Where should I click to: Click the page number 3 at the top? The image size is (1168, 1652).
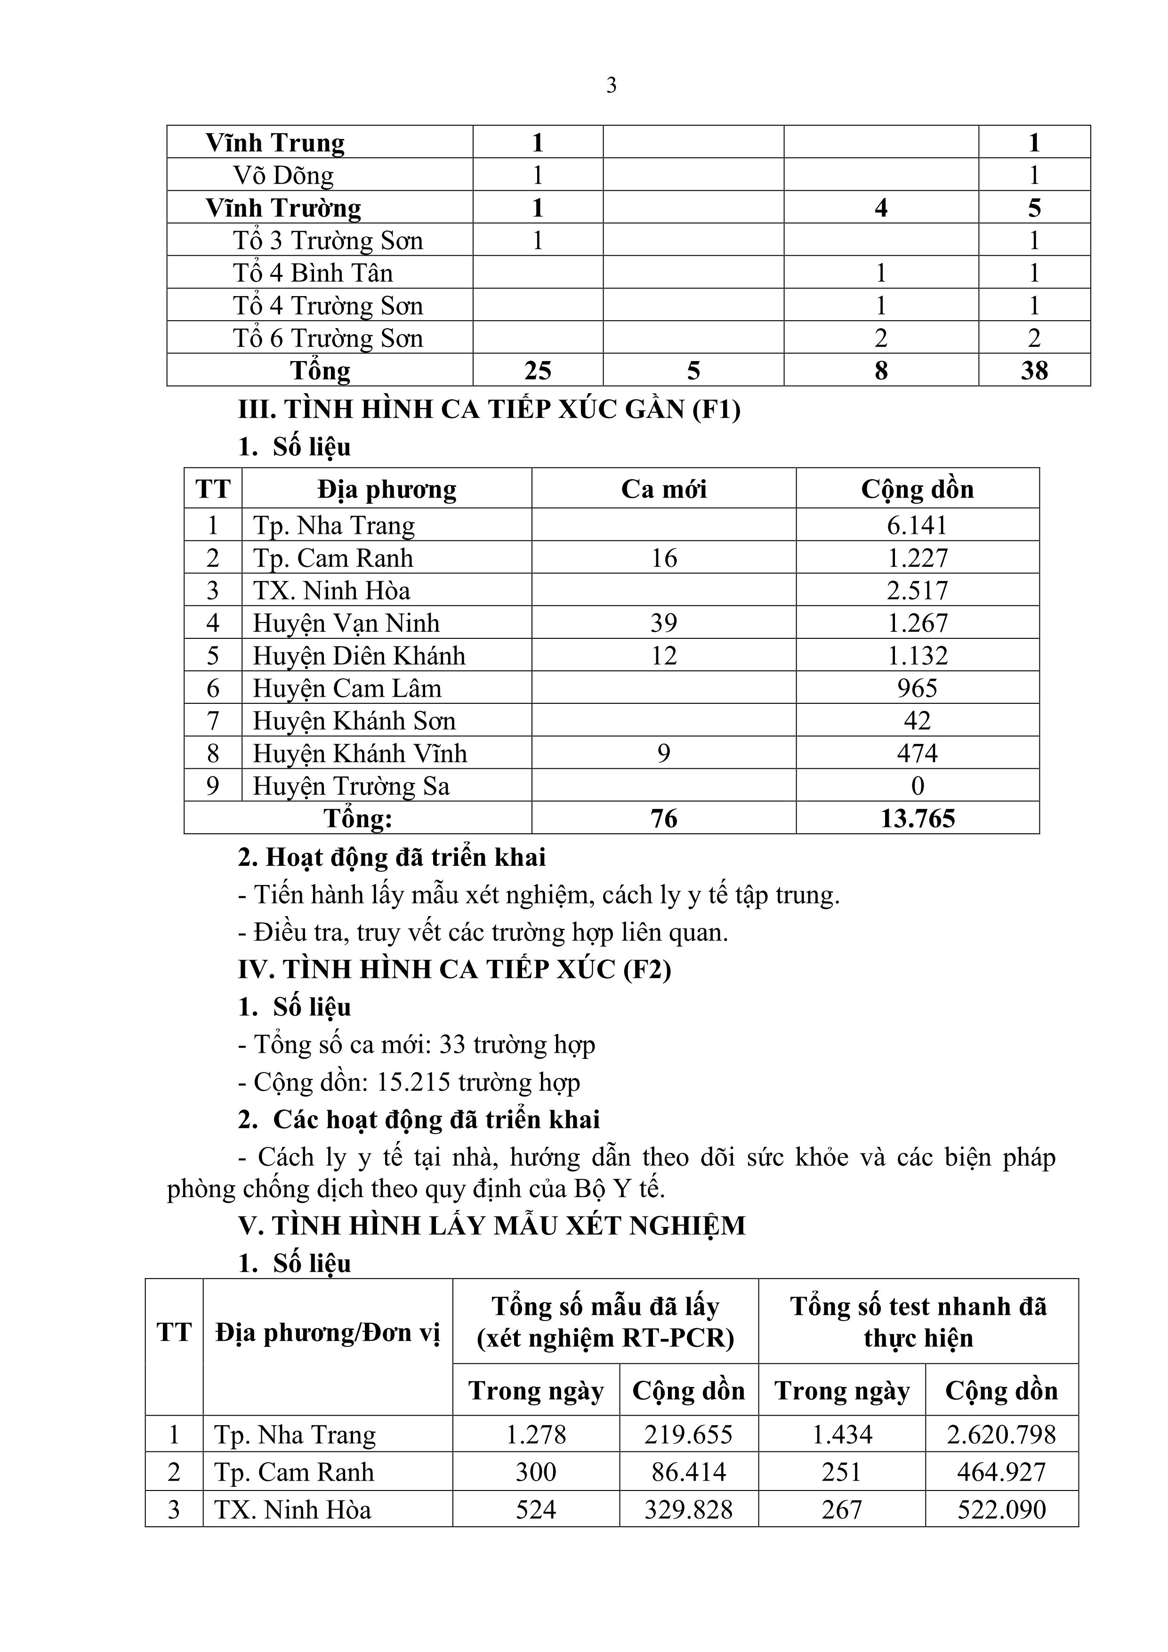(x=611, y=86)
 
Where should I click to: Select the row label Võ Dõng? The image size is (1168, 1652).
(x=283, y=176)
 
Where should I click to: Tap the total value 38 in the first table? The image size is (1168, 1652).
(x=1034, y=371)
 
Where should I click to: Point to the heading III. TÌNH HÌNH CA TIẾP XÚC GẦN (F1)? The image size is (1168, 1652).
(x=489, y=410)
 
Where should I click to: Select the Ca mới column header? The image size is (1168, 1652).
(x=663, y=489)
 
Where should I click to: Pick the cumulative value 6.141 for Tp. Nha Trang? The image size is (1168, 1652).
(x=917, y=525)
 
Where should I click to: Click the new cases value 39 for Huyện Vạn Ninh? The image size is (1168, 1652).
(x=663, y=623)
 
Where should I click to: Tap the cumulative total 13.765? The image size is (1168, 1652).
(x=918, y=819)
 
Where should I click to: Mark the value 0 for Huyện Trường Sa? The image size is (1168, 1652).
(x=918, y=786)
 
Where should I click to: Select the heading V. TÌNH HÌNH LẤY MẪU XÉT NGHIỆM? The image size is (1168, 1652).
(x=491, y=1225)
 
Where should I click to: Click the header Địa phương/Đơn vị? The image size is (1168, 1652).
(x=328, y=1333)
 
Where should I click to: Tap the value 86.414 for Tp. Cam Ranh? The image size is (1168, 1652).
(x=689, y=1472)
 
